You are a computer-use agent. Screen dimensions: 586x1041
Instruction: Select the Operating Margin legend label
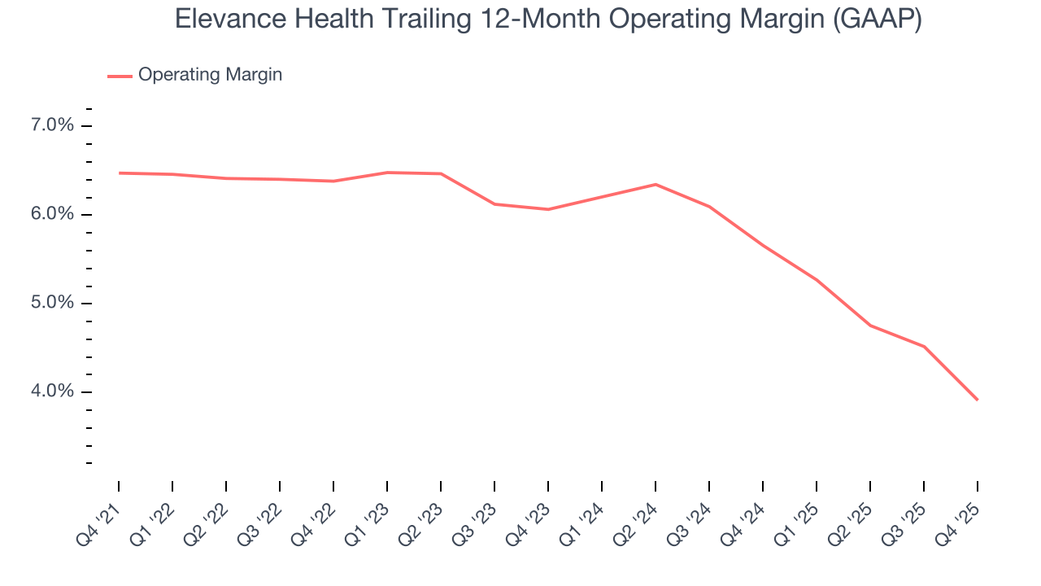pyautogui.click(x=210, y=75)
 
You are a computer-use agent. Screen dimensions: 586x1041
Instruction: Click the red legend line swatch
pyautogui.click(x=120, y=76)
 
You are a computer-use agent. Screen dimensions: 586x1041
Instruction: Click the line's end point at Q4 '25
pyautogui.click(x=977, y=400)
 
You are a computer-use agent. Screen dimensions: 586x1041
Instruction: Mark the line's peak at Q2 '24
pyautogui.click(x=656, y=184)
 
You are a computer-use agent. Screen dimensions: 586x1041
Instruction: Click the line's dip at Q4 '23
pyautogui.click(x=548, y=209)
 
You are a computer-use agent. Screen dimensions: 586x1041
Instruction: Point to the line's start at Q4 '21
pyautogui.click(x=119, y=173)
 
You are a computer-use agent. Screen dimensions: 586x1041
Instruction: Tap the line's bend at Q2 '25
pyautogui.click(x=870, y=326)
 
